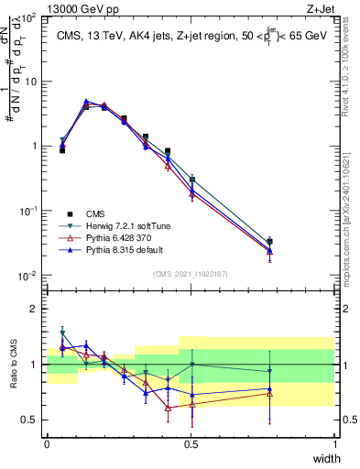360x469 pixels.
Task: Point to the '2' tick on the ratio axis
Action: point(34,309)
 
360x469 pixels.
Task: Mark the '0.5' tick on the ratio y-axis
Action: point(29,420)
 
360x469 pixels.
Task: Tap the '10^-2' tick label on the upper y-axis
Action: point(27,276)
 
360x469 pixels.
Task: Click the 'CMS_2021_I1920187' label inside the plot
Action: point(191,272)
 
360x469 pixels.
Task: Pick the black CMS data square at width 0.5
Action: point(192,180)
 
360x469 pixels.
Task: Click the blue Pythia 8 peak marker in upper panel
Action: point(86,102)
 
